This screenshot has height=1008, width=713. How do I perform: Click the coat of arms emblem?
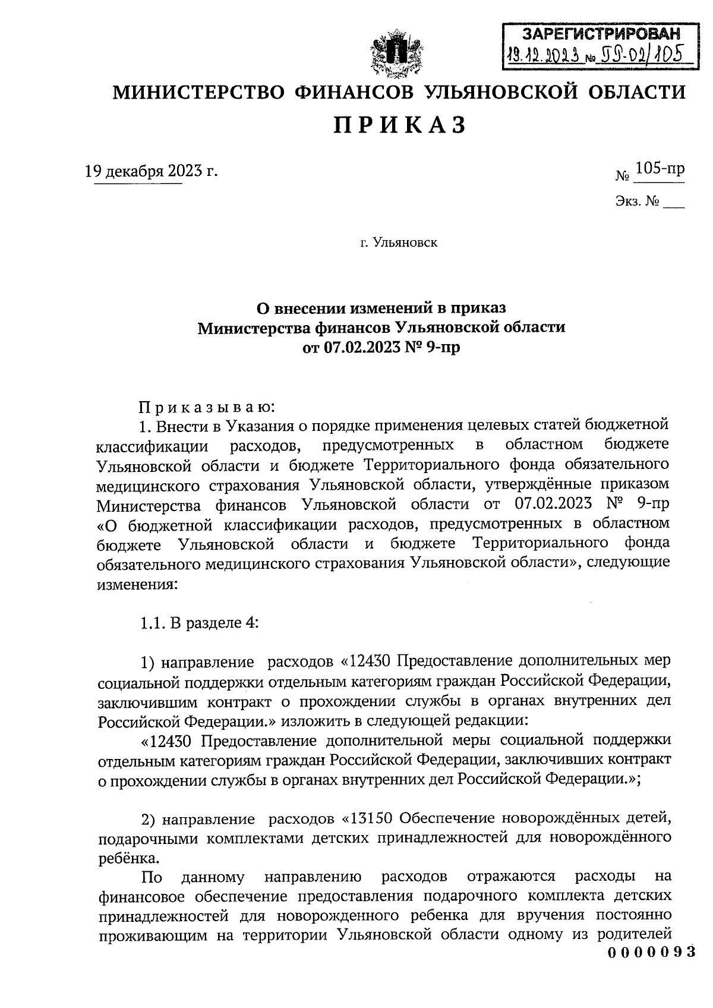tap(391, 57)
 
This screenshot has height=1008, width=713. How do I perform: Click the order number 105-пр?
tap(659, 169)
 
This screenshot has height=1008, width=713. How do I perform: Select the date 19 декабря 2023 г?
tap(152, 172)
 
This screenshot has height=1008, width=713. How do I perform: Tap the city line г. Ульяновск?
tap(399, 242)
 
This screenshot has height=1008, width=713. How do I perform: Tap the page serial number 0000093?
tap(651, 952)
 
